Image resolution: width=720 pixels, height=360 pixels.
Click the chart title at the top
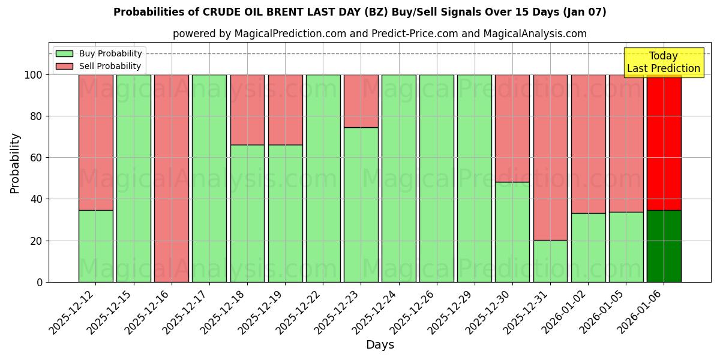tap(359, 12)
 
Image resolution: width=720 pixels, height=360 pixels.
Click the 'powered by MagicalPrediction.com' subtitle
tap(379, 34)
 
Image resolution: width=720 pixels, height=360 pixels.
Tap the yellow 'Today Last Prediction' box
tap(663, 62)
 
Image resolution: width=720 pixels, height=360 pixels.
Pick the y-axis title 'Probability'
tap(15, 163)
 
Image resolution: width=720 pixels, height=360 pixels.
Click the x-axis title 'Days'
tap(380, 345)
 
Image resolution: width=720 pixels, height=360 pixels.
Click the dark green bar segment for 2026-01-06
tap(664, 246)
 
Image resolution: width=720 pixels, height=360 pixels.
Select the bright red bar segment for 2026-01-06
tap(664, 142)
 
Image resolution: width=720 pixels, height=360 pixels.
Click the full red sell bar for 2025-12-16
tap(172, 178)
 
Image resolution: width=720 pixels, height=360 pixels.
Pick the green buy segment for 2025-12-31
tap(550, 261)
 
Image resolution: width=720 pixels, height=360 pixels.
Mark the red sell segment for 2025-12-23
tap(361, 101)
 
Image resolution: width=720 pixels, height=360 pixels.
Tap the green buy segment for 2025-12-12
tap(96, 246)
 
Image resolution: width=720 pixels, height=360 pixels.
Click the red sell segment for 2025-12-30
tap(512, 128)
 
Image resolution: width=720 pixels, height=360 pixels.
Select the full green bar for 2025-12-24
tap(399, 178)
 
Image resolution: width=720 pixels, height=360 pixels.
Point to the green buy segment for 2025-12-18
tap(247, 213)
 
